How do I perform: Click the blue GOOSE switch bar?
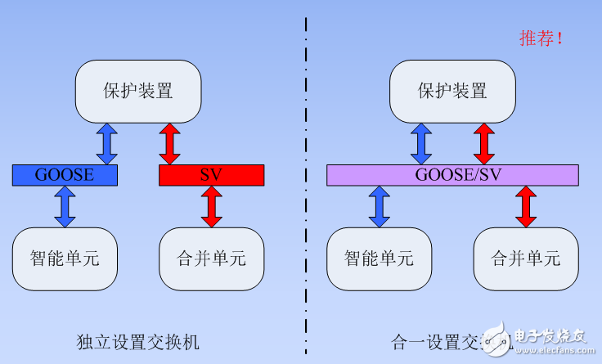click(65, 174)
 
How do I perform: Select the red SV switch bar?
click(211, 174)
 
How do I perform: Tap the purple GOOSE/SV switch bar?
click(452, 174)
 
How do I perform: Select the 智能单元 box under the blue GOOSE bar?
click(65, 259)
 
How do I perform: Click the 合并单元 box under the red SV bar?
click(211, 259)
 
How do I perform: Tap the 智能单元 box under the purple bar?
click(379, 259)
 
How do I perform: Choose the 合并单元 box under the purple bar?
click(525, 259)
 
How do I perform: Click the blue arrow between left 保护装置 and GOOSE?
click(107, 143)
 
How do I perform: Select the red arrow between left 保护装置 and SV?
click(169, 143)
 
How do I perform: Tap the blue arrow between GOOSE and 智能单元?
click(65, 206)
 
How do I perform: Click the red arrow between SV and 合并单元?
click(211, 206)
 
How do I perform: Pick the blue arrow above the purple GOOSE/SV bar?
click(420, 143)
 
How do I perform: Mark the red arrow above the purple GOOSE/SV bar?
click(483, 143)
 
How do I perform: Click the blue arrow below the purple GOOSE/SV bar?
click(379, 206)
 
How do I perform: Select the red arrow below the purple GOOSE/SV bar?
click(525, 206)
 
